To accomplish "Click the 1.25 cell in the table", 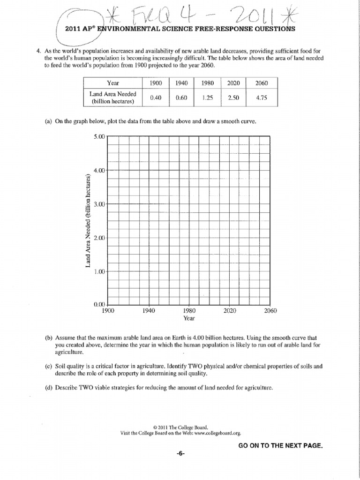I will coord(207,98).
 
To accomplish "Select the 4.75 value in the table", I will coord(262,98).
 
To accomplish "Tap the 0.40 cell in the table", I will coord(156,98).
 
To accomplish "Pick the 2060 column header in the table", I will coord(262,83).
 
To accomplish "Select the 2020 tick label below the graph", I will coord(230,311).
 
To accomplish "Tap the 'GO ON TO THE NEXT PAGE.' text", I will coord(280,445).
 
